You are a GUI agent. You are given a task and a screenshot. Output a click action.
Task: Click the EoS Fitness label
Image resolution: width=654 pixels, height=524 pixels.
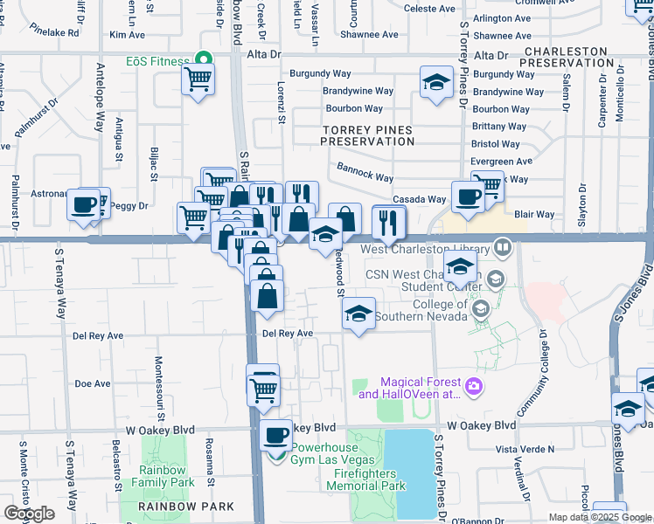[157, 61]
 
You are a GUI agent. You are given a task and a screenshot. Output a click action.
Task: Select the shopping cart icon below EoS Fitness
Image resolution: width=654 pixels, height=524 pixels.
[198, 80]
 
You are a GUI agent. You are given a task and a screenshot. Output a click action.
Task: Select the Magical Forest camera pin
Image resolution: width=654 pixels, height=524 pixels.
[474, 385]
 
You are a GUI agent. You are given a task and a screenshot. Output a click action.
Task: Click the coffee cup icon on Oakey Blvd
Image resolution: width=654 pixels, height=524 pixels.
[277, 433]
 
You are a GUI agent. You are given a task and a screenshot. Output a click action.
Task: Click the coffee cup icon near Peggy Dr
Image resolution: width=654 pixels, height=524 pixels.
[85, 205]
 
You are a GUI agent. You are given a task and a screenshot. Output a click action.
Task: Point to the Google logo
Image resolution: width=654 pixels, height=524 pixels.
[29, 514]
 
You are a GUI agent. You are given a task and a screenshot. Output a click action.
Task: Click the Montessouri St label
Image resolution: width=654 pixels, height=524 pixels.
[160, 384]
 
